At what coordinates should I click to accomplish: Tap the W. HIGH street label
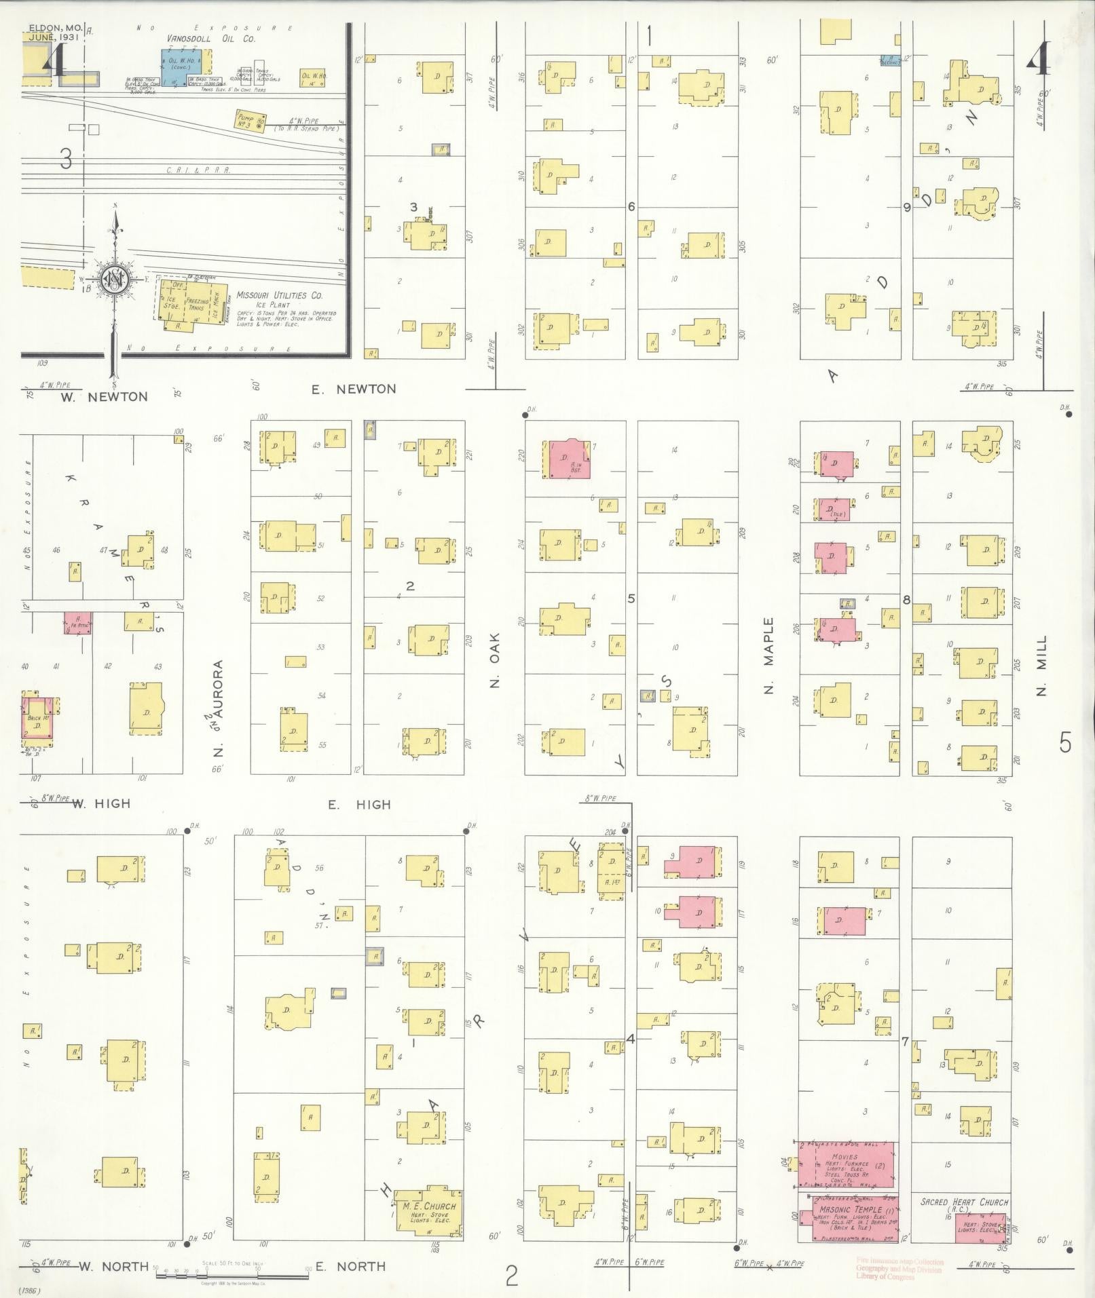[101, 804]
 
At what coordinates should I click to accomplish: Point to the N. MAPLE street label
[769, 655]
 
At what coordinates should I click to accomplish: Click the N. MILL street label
[1042, 665]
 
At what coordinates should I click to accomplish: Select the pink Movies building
[845, 1172]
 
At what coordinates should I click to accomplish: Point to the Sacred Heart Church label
[964, 1202]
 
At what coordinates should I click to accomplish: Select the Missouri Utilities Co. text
[280, 296]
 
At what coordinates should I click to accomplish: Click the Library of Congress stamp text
[900, 1278]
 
